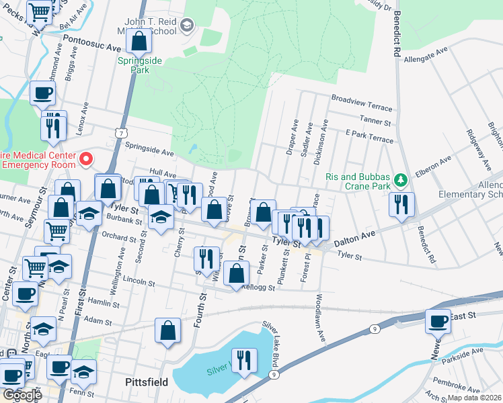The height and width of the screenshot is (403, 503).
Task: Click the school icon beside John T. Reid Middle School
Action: pyautogui.click(x=187, y=26)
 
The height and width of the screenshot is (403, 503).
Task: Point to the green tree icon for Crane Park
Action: pyautogui.click(x=401, y=179)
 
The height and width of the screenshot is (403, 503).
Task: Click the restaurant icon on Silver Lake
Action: pyautogui.click(x=243, y=361)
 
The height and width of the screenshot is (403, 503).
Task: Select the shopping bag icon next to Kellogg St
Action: pyautogui.click(x=236, y=273)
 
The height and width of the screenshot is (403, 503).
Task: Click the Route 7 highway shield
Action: pyautogui.click(x=119, y=134)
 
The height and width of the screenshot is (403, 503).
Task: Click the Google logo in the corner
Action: pyautogui.click(x=22, y=394)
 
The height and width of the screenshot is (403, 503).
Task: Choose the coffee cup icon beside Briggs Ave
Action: pyautogui.click(x=43, y=93)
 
